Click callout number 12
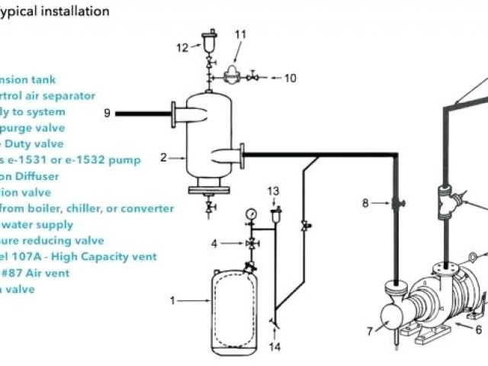pyautogui.click(x=182, y=47)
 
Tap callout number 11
pyautogui.click(x=240, y=34)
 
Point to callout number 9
pyautogui.click(x=108, y=113)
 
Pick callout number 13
pyautogui.click(x=274, y=190)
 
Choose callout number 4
pyautogui.click(x=215, y=243)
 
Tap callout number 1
pyautogui.click(x=172, y=300)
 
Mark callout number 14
pyautogui.click(x=275, y=347)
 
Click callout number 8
pyautogui.click(x=365, y=203)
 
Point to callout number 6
pyautogui.click(x=479, y=329)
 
